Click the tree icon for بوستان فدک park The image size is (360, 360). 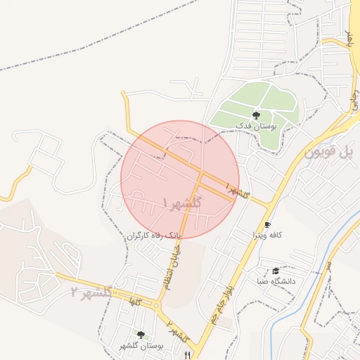255,115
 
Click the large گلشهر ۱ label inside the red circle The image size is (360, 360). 181,203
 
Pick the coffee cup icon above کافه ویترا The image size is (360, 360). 267,225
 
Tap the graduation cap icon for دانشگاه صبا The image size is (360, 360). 276,271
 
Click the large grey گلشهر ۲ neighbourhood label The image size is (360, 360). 91,291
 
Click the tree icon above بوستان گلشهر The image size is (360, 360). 141,335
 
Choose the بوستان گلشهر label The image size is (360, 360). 141,345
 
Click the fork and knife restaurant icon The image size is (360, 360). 187,354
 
